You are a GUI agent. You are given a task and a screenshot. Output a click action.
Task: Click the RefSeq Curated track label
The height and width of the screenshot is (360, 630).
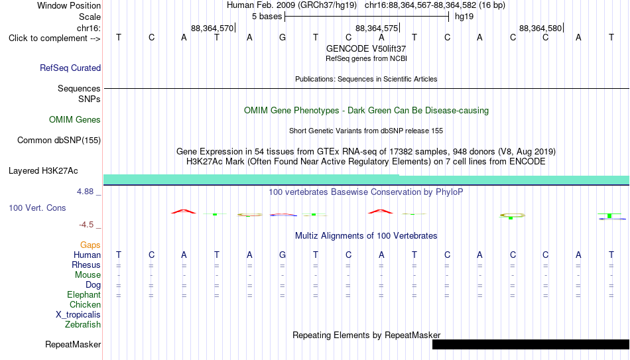click(x=70, y=68)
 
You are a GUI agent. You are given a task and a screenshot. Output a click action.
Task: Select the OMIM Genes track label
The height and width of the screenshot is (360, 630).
click(x=75, y=120)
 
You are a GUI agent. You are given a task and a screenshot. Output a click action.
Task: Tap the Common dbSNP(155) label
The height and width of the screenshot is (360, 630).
click(x=59, y=141)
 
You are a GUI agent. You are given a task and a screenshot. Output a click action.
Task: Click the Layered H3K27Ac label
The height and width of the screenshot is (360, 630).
click(x=43, y=171)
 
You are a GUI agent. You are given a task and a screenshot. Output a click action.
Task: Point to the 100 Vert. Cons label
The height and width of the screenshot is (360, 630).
click(x=37, y=208)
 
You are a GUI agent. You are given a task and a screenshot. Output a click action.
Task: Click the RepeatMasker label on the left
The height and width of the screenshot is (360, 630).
click(x=73, y=344)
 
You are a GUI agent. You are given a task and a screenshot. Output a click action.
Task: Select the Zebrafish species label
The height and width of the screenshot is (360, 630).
click(x=83, y=324)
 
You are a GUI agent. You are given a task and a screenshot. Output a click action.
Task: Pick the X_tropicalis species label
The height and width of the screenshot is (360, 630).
click(x=78, y=315)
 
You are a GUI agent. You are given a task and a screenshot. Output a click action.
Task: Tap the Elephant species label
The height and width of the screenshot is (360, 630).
click(x=84, y=295)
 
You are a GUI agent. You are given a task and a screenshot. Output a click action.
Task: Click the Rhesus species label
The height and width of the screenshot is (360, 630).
click(x=86, y=265)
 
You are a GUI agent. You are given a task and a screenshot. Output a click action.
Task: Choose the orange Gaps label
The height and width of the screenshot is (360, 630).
click(x=90, y=245)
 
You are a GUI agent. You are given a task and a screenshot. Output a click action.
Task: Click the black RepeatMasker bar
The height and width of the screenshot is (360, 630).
click(x=531, y=344)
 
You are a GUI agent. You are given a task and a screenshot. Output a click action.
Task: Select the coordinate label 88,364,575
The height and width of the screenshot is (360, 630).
click(x=377, y=28)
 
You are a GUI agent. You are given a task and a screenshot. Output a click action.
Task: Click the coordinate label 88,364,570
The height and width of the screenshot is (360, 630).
click(x=212, y=28)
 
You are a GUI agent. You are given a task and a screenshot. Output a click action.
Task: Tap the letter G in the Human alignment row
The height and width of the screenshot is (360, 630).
click(x=283, y=255)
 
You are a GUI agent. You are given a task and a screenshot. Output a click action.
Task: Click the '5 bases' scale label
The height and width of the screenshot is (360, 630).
click(x=267, y=17)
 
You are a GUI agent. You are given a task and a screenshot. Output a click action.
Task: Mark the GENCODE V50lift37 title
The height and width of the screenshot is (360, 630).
click(x=366, y=48)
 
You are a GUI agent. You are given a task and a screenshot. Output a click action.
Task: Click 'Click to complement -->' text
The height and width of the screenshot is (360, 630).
click(x=54, y=38)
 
